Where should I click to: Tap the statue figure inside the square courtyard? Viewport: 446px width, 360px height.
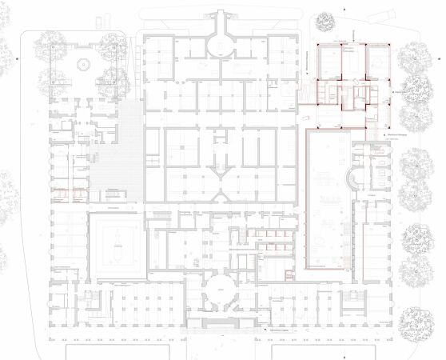click(117, 239)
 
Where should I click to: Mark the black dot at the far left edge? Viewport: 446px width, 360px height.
click(17, 61)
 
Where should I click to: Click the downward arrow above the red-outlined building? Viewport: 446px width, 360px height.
click(352, 31)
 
